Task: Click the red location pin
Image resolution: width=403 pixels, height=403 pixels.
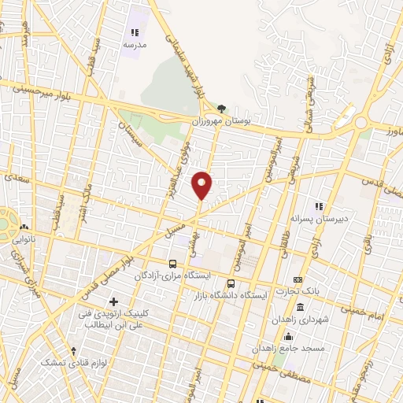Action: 202,185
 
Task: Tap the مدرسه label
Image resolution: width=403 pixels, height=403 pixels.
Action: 134,46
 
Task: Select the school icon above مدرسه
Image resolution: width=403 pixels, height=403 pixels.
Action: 134,32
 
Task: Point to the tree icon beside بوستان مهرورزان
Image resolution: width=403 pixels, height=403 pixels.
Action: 222,109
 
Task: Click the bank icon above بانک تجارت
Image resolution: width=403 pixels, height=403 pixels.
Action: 297,280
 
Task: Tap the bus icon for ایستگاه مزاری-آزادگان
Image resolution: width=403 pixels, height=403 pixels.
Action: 172,263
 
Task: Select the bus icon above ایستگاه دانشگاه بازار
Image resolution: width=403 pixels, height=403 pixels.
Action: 231,283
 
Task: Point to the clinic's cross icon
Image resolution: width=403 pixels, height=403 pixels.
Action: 114,301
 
